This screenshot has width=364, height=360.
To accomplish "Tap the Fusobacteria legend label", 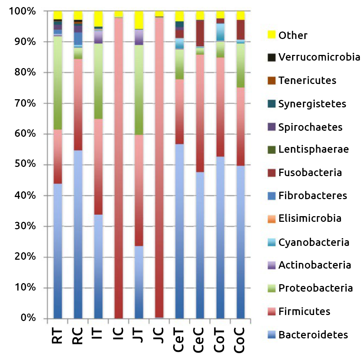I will [x=310, y=173].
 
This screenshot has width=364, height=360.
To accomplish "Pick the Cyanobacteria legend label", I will [x=314, y=242].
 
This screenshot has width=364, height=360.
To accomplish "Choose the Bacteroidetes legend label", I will [x=313, y=334].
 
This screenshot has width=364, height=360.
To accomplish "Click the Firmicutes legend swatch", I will [x=271, y=311].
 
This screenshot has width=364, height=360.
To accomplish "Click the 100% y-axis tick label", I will [x=22, y=11].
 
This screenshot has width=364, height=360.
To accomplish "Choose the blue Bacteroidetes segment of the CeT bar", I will [x=180, y=231].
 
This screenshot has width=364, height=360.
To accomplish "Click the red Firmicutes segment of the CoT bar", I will [x=220, y=107].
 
